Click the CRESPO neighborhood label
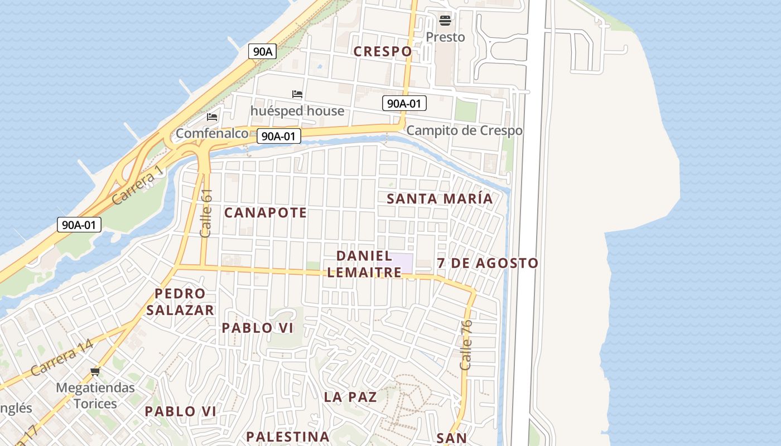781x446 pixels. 383,51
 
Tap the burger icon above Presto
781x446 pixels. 445,21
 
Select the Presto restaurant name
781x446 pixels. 445,37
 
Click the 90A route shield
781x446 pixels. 262,51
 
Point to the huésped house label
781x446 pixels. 297,111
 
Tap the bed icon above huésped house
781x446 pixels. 297,94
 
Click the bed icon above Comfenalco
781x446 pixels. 212,117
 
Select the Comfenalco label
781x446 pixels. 212,133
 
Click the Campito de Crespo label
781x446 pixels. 464,130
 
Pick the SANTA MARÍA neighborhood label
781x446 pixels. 440,198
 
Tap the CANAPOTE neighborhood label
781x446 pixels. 266,212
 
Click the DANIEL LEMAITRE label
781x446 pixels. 364,264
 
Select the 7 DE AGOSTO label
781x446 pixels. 488,263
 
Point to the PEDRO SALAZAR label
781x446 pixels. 180,302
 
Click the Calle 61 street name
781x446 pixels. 206,213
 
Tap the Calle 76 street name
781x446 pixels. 466,345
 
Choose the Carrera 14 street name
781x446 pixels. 62,357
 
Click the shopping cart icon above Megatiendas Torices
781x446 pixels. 95,371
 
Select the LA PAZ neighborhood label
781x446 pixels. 350,397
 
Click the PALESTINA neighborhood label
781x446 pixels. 288,436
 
